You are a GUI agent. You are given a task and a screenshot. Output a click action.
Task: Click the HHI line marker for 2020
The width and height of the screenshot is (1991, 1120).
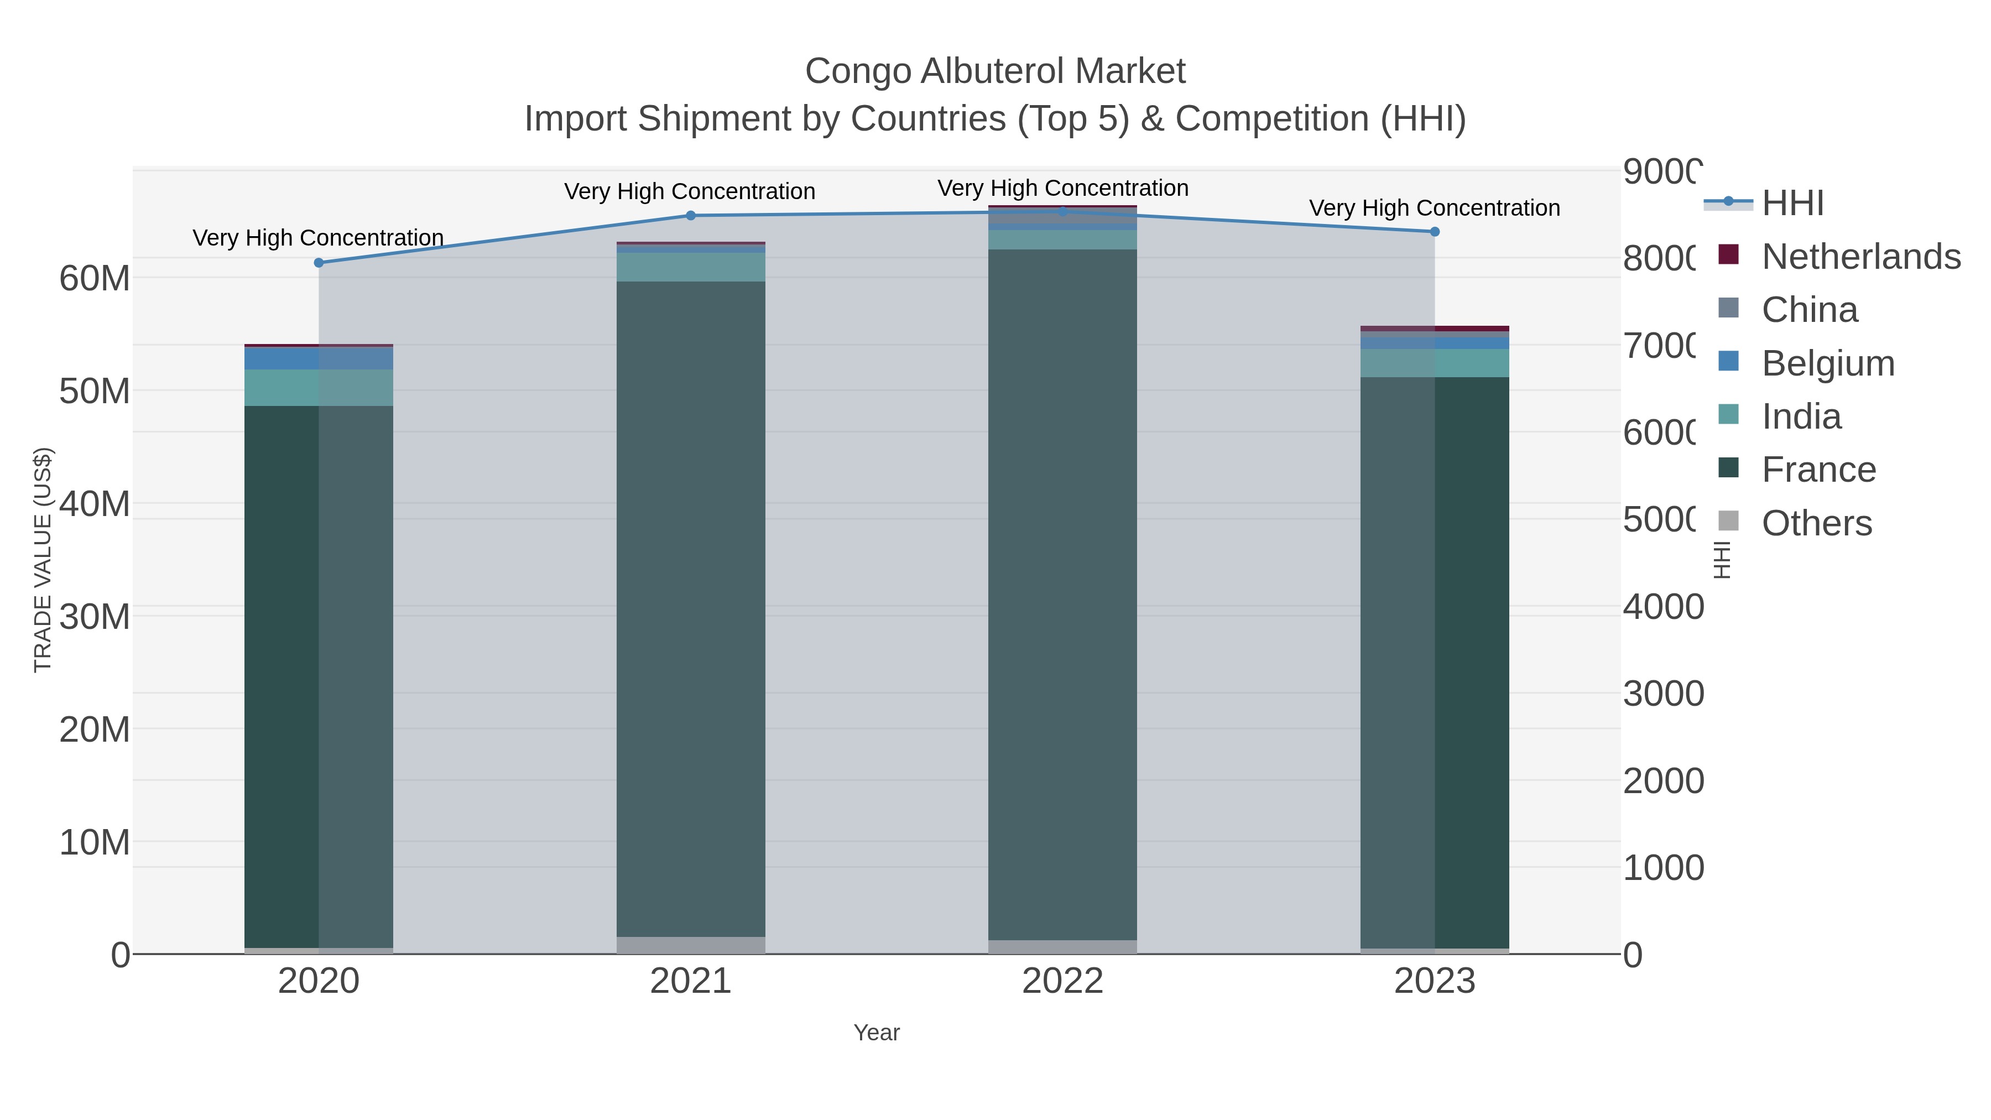[x=319, y=263]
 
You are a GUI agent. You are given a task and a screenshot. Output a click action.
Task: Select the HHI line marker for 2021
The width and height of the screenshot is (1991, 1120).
[x=690, y=216]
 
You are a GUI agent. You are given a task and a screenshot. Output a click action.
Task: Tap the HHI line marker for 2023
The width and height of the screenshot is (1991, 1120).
[x=1435, y=232]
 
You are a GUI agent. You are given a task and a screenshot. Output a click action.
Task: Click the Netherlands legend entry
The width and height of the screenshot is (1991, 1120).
[x=1860, y=257]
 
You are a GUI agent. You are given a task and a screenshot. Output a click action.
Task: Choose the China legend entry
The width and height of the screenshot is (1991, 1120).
[x=1810, y=310]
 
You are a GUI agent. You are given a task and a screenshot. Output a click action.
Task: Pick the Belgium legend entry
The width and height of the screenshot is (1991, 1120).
[x=1828, y=363]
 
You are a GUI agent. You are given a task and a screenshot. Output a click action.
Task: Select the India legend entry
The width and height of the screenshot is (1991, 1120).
[x=1801, y=416]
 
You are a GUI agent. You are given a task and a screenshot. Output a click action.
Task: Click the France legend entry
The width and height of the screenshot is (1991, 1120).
[x=1818, y=470]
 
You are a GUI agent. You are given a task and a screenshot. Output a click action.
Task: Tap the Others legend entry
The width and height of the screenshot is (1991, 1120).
[x=1816, y=523]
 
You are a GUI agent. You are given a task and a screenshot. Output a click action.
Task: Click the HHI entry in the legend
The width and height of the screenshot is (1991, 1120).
[x=1792, y=204]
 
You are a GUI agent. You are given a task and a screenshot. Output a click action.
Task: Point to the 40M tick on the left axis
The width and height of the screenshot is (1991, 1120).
[x=94, y=504]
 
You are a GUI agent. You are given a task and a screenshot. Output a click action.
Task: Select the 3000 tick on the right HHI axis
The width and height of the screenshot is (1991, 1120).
[x=1662, y=694]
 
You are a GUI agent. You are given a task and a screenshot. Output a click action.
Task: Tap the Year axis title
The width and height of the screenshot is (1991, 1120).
[x=877, y=1033]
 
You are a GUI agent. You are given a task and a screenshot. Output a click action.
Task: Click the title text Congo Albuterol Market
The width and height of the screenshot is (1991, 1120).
[x=995, y=71]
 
